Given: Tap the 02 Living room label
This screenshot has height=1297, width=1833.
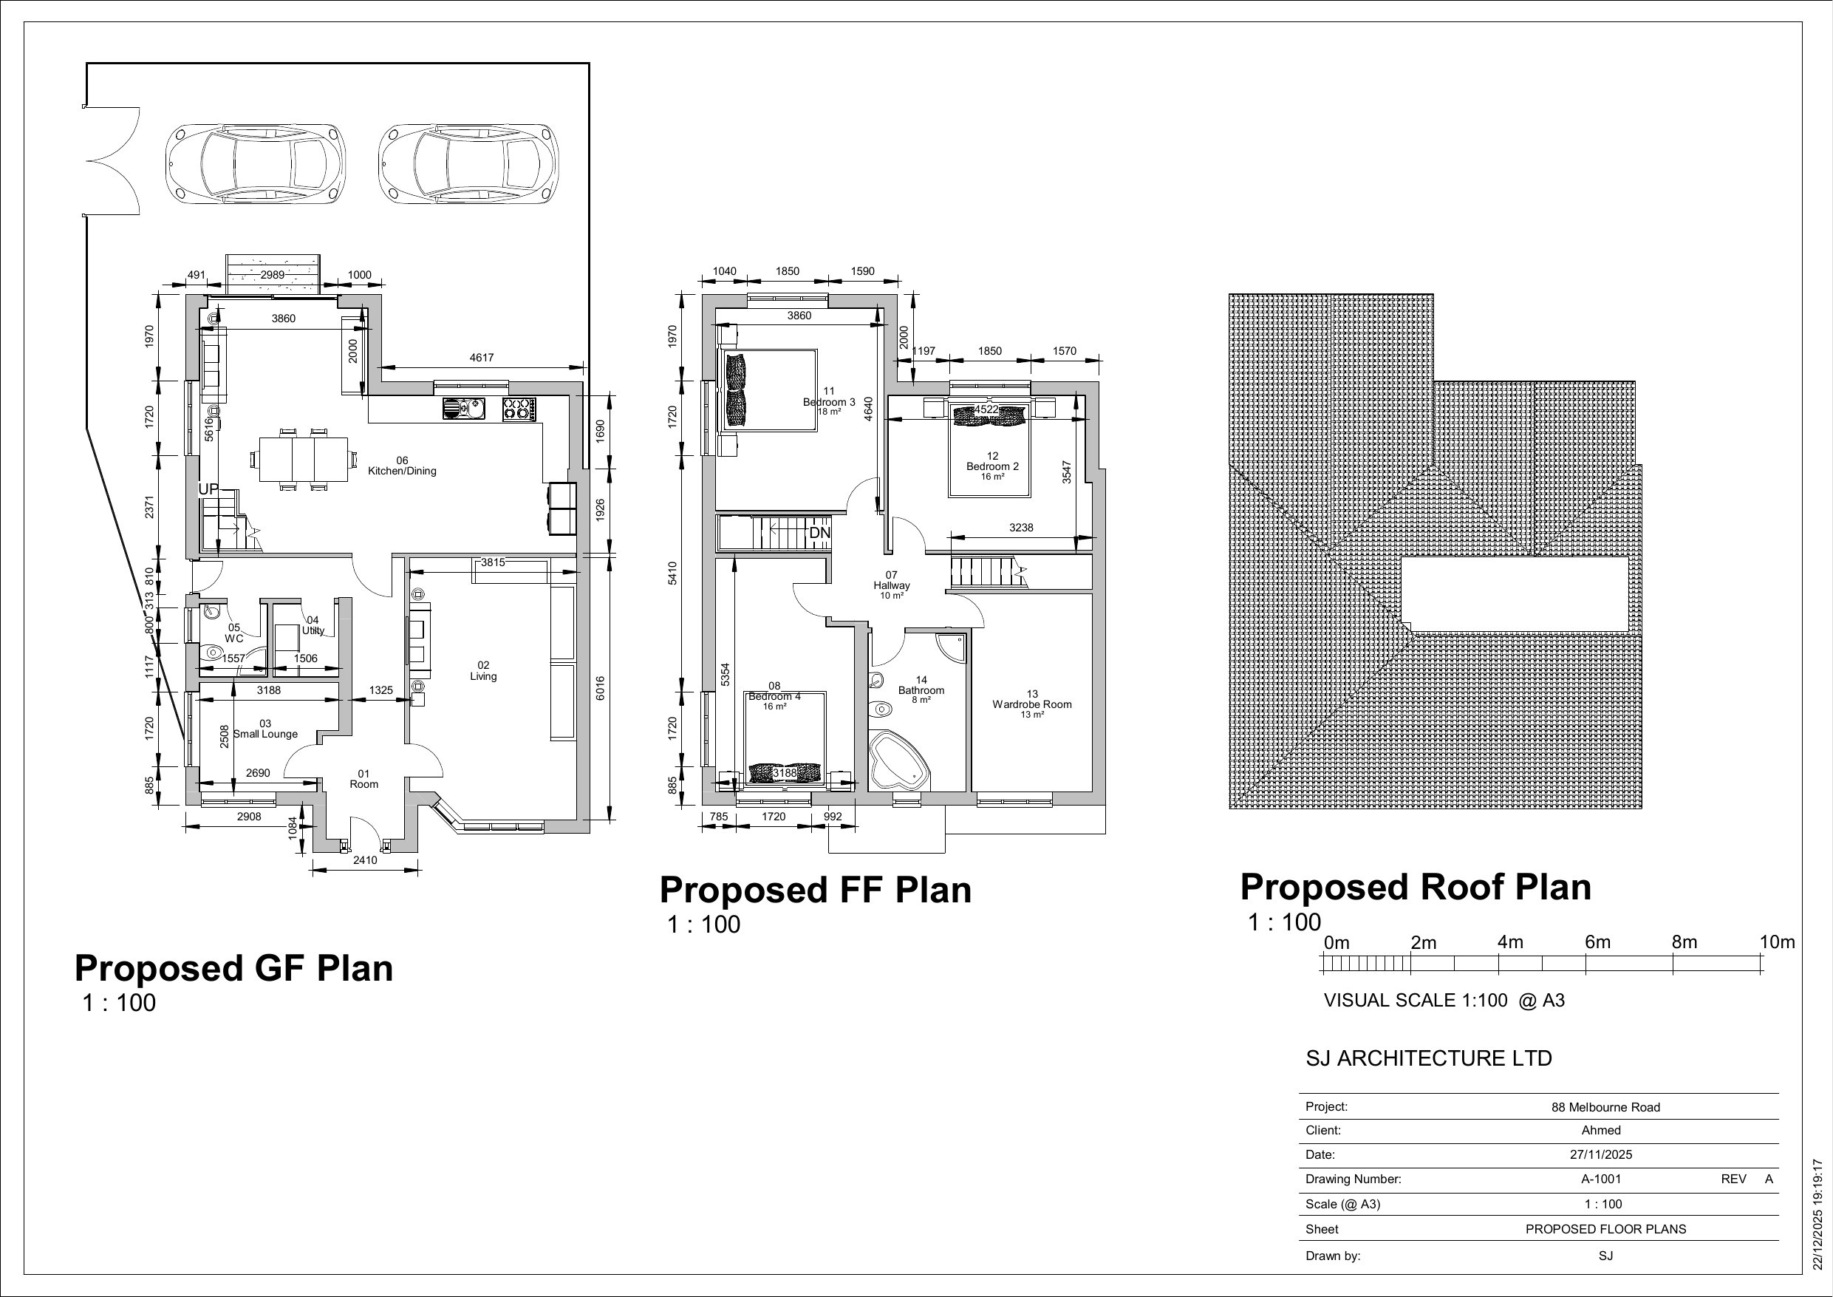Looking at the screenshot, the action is coord(483,671).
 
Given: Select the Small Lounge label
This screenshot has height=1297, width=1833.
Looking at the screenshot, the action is coord(265,734).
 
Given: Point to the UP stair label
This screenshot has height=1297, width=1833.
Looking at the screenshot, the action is coord(208,488).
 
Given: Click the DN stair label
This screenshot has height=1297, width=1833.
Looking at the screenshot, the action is coord(820,533).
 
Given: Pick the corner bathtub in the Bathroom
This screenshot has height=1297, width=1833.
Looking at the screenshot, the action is coord(899,760).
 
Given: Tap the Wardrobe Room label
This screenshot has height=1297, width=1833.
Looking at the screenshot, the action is coord(1032,704).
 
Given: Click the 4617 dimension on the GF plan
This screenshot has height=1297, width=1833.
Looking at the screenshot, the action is coord(482,358).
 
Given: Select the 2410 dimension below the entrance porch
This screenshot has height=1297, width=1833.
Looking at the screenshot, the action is coord(365,860).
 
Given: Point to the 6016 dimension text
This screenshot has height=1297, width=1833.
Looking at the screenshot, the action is coord(601,689).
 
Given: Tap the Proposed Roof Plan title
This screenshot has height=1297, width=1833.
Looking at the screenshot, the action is coord(1416,888).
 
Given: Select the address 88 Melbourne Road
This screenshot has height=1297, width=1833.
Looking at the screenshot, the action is coord(1605,1108).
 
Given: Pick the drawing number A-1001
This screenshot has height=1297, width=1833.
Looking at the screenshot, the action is coord(1601,1179).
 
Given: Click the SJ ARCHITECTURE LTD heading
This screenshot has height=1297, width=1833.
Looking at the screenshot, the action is coord(1429,1059).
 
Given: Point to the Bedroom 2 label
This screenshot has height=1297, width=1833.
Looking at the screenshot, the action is coord(992,466).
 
